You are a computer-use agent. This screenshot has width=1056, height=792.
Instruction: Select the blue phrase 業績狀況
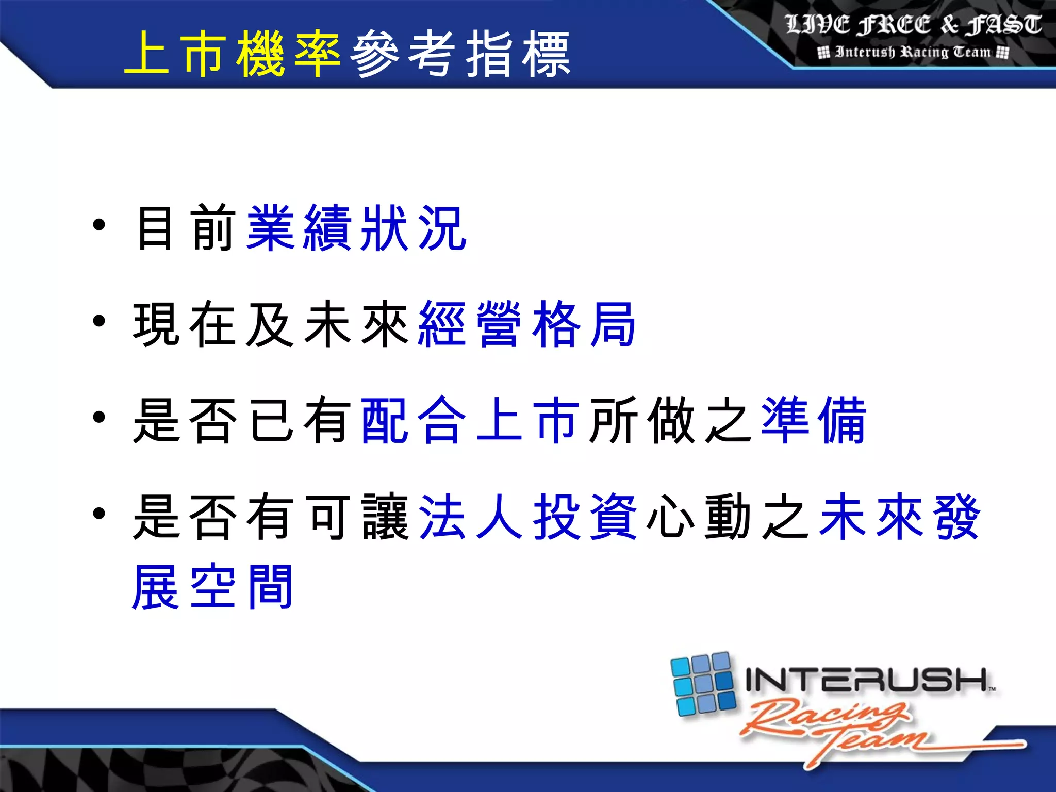tap(357, 228)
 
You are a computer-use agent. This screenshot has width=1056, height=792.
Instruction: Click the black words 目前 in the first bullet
tap(186, 228)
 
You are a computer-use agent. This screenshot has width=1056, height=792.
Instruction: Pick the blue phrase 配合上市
tap(469, 420)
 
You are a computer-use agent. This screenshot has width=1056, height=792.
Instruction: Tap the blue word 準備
tap(813, 420)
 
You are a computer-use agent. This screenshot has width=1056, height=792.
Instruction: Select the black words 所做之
tap(670, 420)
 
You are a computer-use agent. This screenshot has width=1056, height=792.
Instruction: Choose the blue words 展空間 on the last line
tap(213, 587)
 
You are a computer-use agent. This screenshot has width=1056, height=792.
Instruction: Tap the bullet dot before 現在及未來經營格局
tap(100, 321)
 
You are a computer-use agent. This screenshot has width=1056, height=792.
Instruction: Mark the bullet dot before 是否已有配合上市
tap(100, 417)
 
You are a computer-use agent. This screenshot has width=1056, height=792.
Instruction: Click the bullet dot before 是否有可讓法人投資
tap(100, 514)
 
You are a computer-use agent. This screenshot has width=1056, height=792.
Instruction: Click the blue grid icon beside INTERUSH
tap(703, 684)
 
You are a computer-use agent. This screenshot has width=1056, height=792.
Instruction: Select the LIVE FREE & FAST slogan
tap(913, 25)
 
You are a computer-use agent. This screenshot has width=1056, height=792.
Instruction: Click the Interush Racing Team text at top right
tap(913, 52)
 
